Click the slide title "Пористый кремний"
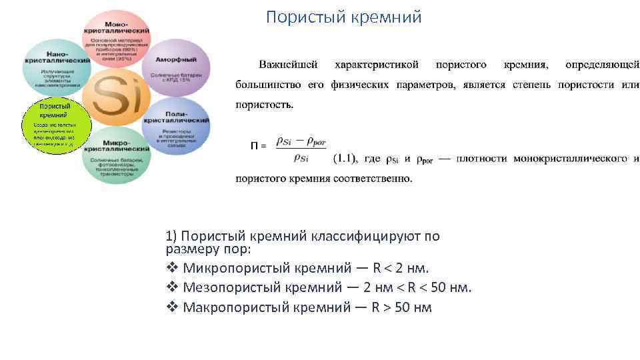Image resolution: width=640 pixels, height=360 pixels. [343, 17]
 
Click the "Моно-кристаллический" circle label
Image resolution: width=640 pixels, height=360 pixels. [115, 25]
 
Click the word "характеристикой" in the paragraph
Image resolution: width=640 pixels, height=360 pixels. [376, 65]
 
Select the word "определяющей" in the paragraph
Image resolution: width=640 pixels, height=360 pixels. [602, 65]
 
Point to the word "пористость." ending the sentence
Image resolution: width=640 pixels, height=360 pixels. [265, 105]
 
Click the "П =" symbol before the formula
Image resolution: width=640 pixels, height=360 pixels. [258, 145]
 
